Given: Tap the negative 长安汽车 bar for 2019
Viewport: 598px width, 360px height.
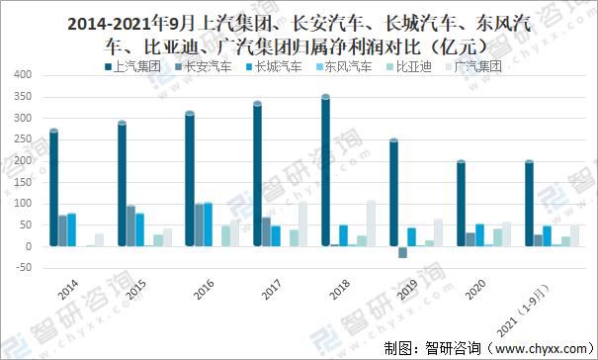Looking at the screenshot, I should pos(403,252).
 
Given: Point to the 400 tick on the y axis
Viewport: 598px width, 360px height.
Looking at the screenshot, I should pos(23,75).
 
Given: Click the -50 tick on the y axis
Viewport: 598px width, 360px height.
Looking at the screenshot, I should pos(23,268).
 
